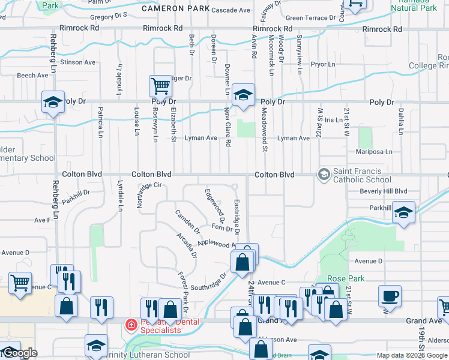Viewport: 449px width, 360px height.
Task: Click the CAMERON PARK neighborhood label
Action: (176, 9)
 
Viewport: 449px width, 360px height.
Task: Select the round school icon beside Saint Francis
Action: (324, 175)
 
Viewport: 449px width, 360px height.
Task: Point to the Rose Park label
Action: (342, 279)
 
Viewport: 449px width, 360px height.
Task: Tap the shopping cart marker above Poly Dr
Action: (161, 86)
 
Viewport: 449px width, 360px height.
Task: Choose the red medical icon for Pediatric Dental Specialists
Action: (130, 325)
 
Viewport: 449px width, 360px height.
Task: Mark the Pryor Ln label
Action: (322, 64)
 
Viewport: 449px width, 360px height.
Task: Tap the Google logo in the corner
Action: (19, 353)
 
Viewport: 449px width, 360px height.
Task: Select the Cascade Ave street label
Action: (231, 10)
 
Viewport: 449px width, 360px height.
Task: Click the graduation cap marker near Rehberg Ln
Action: (53, 102)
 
